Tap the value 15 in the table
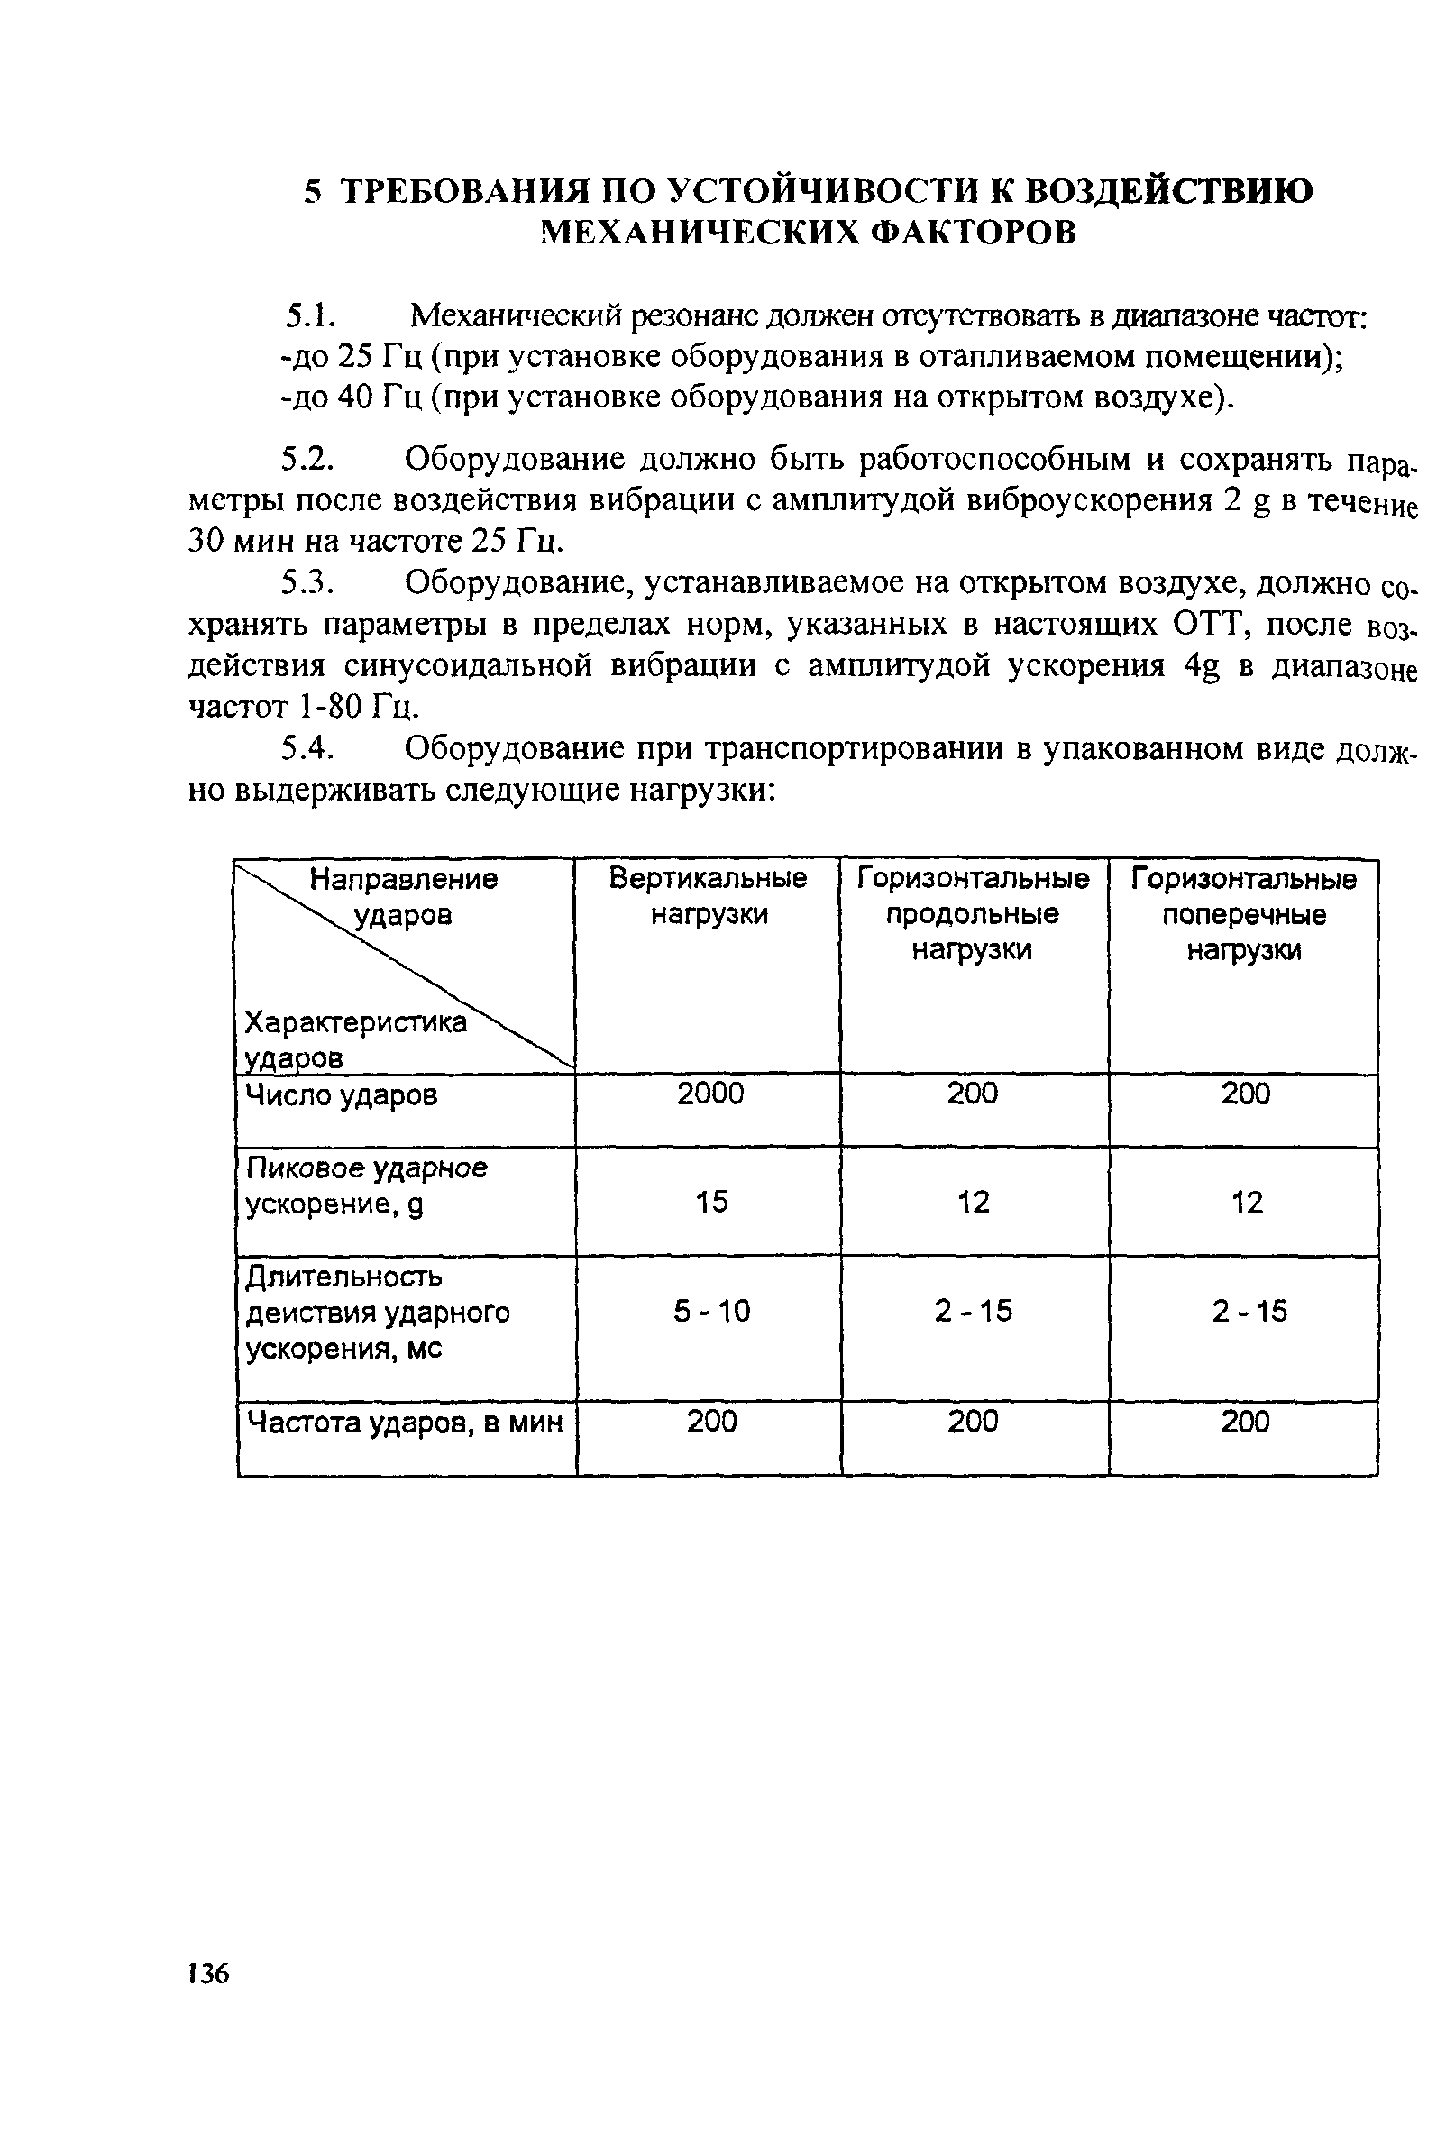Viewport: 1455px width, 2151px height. click(711, 1202)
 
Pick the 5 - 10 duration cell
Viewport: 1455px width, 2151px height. click(711, 1311)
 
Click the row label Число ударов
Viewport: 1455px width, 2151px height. click(342, 1096)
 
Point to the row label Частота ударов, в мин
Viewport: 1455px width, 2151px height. click(406, 1422)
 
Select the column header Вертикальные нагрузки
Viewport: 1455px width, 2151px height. click(708, 895)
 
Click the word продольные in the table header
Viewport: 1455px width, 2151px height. click(972, 914)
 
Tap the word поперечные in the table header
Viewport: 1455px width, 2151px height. click(1244, 914)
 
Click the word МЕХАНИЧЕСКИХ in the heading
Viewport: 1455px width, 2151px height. click(692, 233)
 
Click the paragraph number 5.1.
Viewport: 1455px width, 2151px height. click(308, 316)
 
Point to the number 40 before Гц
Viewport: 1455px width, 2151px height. click(352, 397)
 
